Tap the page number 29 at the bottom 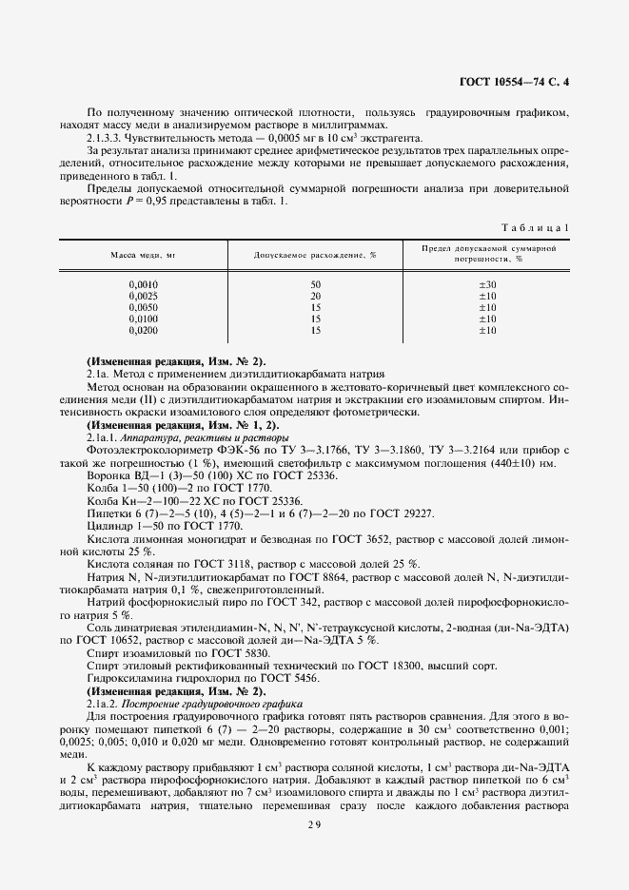pyautogui.click(x=314, y=824)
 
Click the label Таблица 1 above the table pyautogui.click(x=534, y=228)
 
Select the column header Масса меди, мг pyautogui.click(x=144, y=256)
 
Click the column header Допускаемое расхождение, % pyautogui.click(x=315, y=256)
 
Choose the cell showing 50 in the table pyautogui.click(x=315, y=285)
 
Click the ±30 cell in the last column pyautogui.click(x=487, y=285)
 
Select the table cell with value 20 pyautogui.click(x=315, y=297)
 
